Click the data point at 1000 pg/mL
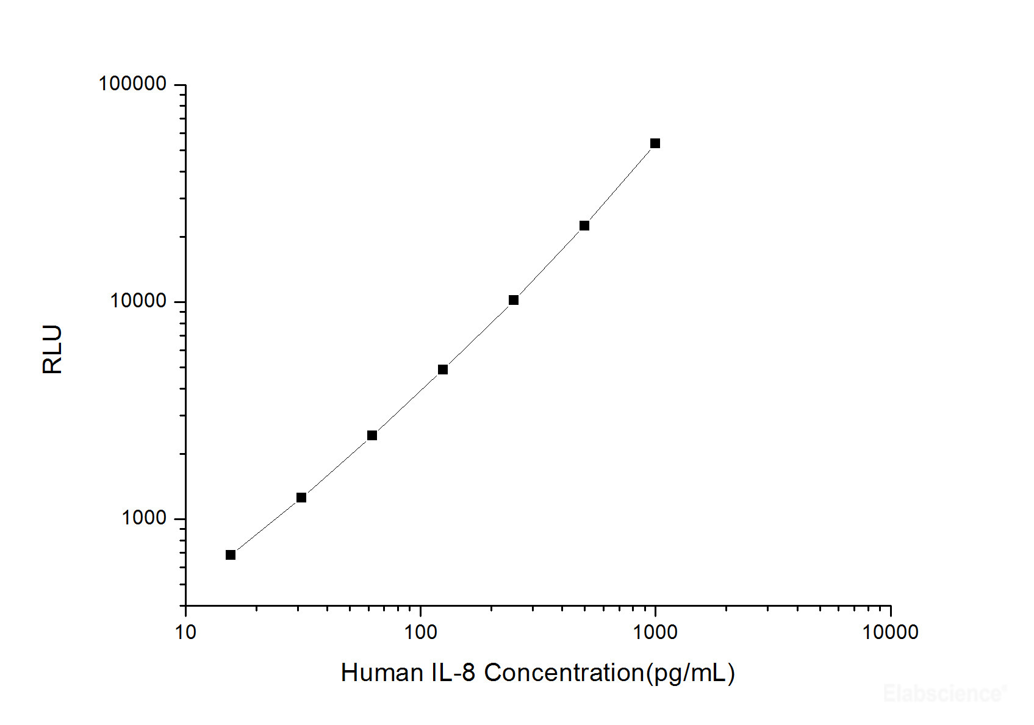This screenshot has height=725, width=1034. click(655, 143)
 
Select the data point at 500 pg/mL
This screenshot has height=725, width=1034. click(584, 226)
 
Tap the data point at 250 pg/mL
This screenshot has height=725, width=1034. click(514, 300)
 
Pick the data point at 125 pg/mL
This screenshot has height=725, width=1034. click(443, 370)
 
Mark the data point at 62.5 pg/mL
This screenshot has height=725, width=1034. click(372, 435)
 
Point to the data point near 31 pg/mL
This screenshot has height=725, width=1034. click(301, 498)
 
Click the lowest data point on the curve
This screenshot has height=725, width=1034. click(231, 555)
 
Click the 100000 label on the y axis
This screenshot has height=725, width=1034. click(132, 84)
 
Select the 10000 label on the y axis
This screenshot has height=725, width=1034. click(138, 301)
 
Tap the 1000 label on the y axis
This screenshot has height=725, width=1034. click(144, 518)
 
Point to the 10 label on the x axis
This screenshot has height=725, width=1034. click(185, 632)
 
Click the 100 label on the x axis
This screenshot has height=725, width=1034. click(420, 632)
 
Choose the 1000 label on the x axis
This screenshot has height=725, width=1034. click(655, 632)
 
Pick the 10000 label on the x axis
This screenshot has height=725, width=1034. click(890, 632)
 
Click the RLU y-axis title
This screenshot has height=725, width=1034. click(52, 349)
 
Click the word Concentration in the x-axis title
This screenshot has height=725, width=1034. click(564, 673)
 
